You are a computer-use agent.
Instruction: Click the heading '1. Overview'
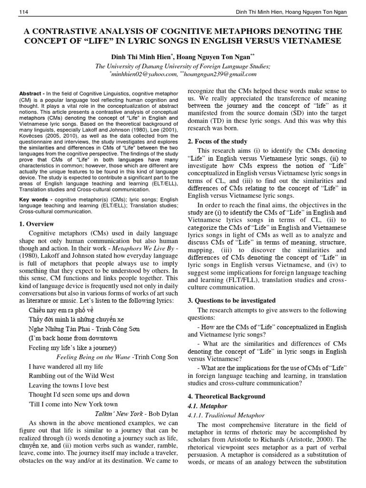point(37,224)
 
